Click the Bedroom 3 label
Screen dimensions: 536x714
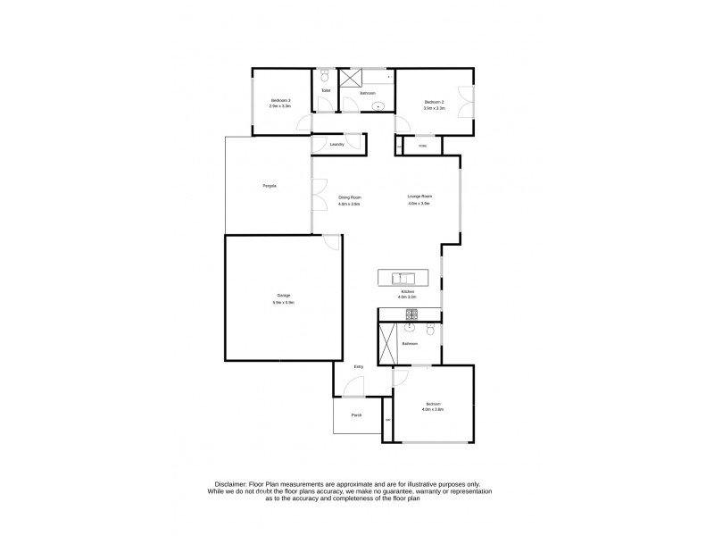click(281, 101)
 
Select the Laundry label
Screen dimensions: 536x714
click(336, 144)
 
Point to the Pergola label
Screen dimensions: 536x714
click(269, 185)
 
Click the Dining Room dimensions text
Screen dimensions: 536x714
click(349, 204)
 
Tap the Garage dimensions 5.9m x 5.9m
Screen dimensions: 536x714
click(283, 303)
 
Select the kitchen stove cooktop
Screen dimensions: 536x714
click(412, 314)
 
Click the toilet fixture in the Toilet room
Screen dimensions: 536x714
click(325, 77)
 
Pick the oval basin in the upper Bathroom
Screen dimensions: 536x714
click(378, 107)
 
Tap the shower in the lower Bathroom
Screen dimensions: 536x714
click(388, 344)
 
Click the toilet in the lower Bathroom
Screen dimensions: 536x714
click(430, 331)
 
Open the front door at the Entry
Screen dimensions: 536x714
click(354, 387)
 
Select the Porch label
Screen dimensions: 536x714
click(356, 415)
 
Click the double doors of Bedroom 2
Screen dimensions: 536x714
click(463, 101)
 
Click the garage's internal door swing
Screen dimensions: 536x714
click(331, 241)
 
